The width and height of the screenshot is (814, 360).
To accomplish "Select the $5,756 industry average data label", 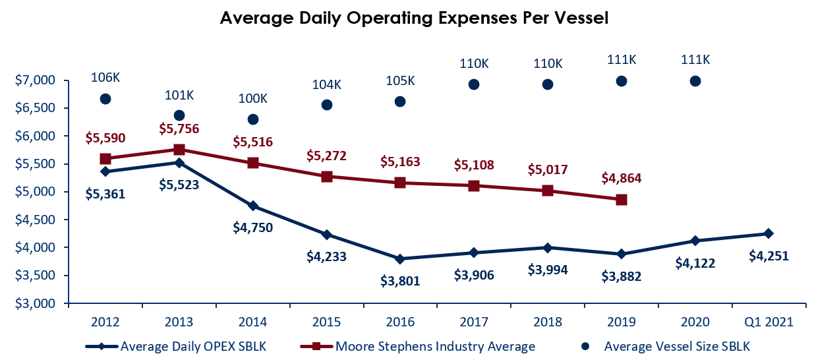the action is pos(179,129).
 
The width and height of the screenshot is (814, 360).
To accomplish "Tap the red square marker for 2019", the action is pos(622,200).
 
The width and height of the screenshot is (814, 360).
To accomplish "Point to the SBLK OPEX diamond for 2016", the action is pos(400,259).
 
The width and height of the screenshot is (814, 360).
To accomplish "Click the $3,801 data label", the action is pos(400,281).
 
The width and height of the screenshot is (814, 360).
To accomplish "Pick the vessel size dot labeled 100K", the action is pos(253,119).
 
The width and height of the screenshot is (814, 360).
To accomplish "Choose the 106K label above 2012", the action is pos(105,77).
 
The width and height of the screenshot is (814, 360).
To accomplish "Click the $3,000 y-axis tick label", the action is pos(35,303).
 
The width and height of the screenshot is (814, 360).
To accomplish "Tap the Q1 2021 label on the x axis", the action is pos(769,322).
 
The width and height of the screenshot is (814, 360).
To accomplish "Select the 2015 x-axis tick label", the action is pos(327,322).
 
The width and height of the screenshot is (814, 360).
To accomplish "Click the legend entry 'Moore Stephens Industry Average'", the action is pos(418,346).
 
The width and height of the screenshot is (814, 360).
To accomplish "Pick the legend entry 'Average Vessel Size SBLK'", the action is pos(666,346).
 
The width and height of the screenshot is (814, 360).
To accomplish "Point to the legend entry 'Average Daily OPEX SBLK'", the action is pos(176,346).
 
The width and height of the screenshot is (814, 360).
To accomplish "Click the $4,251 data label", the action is pos(769,256).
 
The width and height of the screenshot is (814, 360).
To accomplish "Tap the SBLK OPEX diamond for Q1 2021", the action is pos(769,233).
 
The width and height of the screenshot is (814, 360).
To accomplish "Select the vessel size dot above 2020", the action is pos(695,81).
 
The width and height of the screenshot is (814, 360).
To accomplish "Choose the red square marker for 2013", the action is pos(179,150).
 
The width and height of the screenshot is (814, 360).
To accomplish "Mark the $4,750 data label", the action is pos(253,227).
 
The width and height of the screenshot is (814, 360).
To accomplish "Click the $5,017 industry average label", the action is pos(548,169).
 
